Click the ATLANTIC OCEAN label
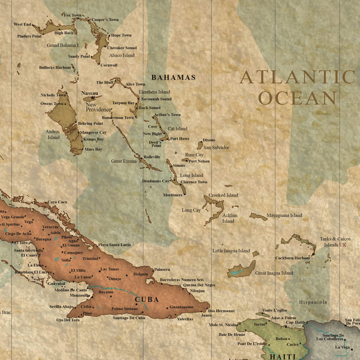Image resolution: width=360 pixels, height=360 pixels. tap(297, 87)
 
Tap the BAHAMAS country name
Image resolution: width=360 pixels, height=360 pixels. tap(173, 77)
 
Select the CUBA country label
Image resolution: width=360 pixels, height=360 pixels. tap(147, 299)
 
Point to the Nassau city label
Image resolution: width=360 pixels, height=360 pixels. tap(89, 93)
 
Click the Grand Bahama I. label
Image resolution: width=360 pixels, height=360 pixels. tap(63, 45)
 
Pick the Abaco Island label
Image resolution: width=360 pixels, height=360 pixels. tap(122, 55)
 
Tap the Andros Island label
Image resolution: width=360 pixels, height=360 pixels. tap(53, 134)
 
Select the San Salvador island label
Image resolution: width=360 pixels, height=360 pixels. tap(216, 147)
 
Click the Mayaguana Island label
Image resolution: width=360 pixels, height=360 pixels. tap(284, 215)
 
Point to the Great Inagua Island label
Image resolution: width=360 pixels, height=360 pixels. tap(274, 273)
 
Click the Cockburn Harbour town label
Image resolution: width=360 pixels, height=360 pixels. tap(293, 257)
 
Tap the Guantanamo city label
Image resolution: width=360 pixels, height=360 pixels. tap(182, 307)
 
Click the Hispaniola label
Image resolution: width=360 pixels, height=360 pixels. tap(313, 302)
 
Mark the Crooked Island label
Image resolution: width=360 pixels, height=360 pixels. tap(224, 195)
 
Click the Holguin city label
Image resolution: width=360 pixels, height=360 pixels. tap(141, 274)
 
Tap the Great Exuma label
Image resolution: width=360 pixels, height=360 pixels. tap(124, 161)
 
